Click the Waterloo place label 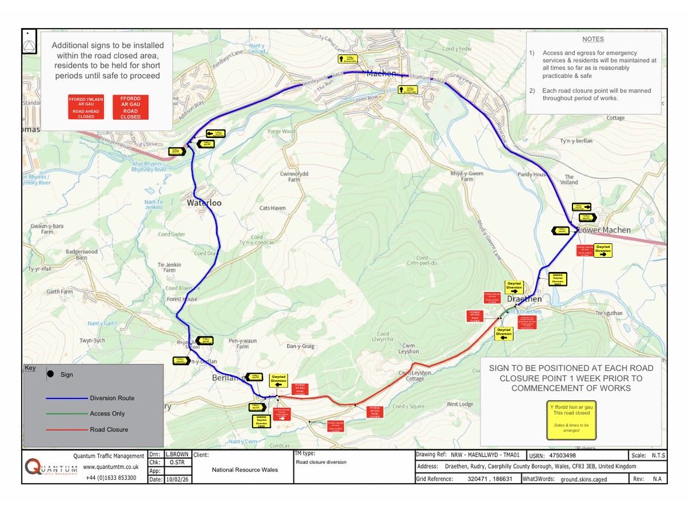pyautogui.click(x=204, y=203)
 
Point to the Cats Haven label pyautogui.click(x=273, y=208)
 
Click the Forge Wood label pyautogui.click(x=281, y=131)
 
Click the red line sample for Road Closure pyautogui.click(x=68, y=429)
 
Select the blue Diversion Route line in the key pyautogui.click(x=68, y=398)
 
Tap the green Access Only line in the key pyautogui.click(x=68, y=413)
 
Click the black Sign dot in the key pyautogui.click(x=51, y=374)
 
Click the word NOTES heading pyautogui.click(x=593, y=40)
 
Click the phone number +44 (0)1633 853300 pyautogui.click(x=111, y=478)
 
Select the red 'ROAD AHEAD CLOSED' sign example pyautogui.click(x=86, y=108)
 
